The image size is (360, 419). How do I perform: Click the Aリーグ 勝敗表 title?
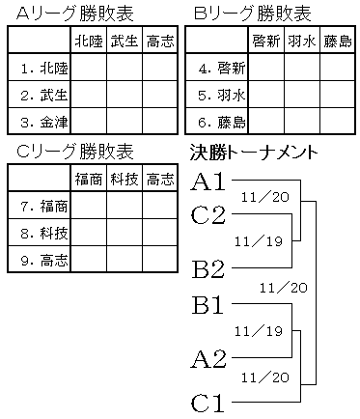click(74, 14)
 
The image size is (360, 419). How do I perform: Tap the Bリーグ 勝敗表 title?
click(253, 14)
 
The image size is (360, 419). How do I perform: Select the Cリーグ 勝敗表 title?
click(74, 152)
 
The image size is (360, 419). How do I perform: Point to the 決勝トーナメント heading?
click(254, 153)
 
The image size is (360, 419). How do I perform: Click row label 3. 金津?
click(44, 122)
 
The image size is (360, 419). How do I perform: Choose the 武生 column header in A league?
click(125, 42)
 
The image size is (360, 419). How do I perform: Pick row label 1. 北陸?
click(44, 69)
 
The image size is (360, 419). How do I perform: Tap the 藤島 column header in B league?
click(338, 42)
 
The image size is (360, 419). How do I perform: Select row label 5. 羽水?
click(222, 96)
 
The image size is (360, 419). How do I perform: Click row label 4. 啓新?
click(222, 69)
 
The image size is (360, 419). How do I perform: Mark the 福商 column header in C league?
click(89, 180)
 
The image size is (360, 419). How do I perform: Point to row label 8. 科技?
click(44, 233)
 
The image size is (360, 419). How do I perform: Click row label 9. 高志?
click(44, 260)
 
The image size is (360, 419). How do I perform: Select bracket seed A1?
click(208, 182)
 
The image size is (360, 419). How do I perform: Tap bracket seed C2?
click(208, 214)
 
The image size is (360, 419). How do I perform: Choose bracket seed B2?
click(208, 269)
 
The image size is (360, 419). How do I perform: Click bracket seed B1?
click(208, 305)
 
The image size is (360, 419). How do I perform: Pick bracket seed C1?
click(208, 404)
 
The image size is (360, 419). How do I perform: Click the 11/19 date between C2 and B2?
click(259, 241)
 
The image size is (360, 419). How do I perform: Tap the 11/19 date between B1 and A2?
click(259, 331)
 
